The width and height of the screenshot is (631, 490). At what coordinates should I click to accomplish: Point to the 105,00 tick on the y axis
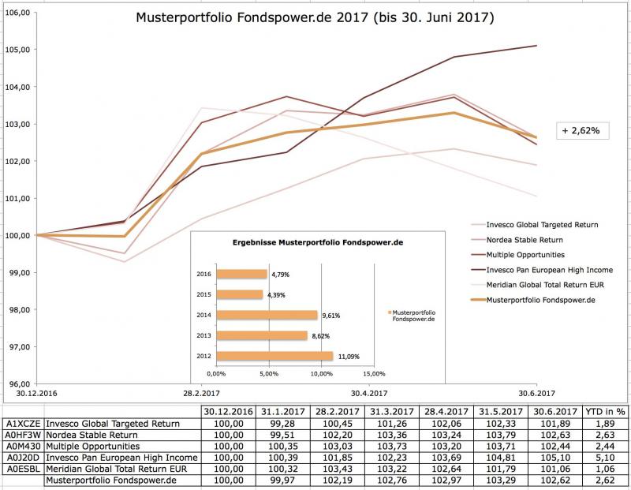click(x=18, y=50)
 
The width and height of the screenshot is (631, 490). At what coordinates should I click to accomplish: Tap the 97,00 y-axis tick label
click(x=18, y=347)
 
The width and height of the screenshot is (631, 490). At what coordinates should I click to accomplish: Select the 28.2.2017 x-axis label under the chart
click(x=202, y=393)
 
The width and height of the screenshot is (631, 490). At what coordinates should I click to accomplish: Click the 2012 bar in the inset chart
click(x=274, y=356)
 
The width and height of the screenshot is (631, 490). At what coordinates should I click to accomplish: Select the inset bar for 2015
click(x=240, y=294)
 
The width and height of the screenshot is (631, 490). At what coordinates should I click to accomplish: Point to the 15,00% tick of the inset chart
click(x=374, y=373)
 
